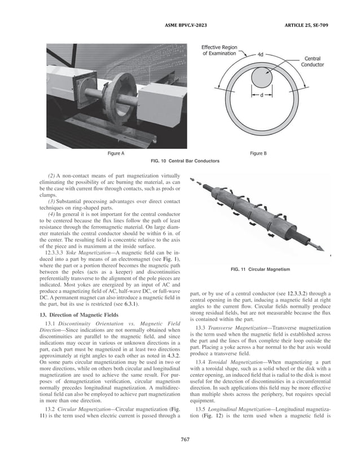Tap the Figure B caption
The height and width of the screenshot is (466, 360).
pyautogui.click(x=261, y=153)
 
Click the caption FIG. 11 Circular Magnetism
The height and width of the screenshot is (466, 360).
pyautogui.click(x=261, y=270)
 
